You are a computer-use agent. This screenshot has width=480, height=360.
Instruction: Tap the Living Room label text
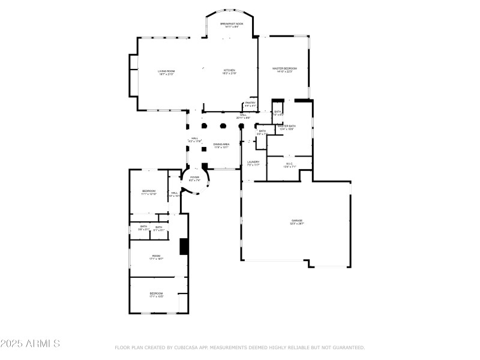(166, 73)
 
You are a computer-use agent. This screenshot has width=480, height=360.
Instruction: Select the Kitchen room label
(230, 71)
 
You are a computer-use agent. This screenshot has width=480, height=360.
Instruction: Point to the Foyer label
(194, 178)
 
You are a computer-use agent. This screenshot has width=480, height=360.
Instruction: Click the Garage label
(297, 221)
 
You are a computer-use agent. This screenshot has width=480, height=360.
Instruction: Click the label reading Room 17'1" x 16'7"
(156, 257)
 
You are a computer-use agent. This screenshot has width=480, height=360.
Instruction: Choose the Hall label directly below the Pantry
(243, 116)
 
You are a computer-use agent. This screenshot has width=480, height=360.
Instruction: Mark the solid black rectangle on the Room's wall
(184, 247)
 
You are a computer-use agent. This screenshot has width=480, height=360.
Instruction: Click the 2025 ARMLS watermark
(30, 344)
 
